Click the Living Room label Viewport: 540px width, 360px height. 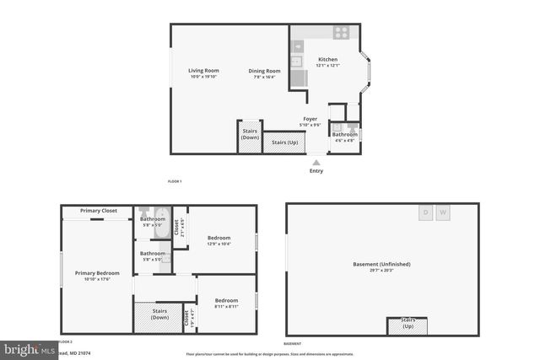203,70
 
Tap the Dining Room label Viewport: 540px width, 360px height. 264,71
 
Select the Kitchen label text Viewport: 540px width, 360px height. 327,60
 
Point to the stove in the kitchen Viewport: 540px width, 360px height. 341,33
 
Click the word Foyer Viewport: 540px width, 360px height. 310,119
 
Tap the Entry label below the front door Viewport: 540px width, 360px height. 316,170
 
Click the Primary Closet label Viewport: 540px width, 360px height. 99,210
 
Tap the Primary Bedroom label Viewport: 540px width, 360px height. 97,273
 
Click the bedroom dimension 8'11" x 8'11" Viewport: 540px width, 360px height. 225,307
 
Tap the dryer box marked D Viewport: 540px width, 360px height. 426,212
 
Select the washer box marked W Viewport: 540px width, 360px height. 444,212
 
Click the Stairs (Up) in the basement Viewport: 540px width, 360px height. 407,324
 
